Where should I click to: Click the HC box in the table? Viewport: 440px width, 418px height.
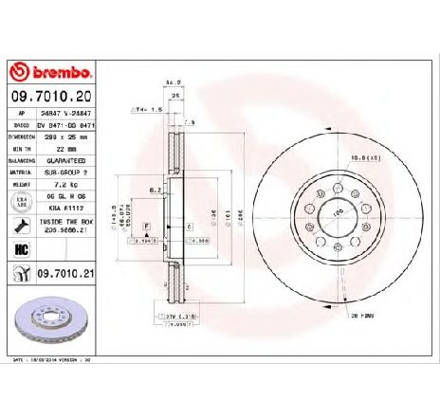19,250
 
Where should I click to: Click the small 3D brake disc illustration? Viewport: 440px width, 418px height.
48,321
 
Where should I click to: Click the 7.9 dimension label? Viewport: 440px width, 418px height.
191,122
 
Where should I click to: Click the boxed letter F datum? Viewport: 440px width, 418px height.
146,226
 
